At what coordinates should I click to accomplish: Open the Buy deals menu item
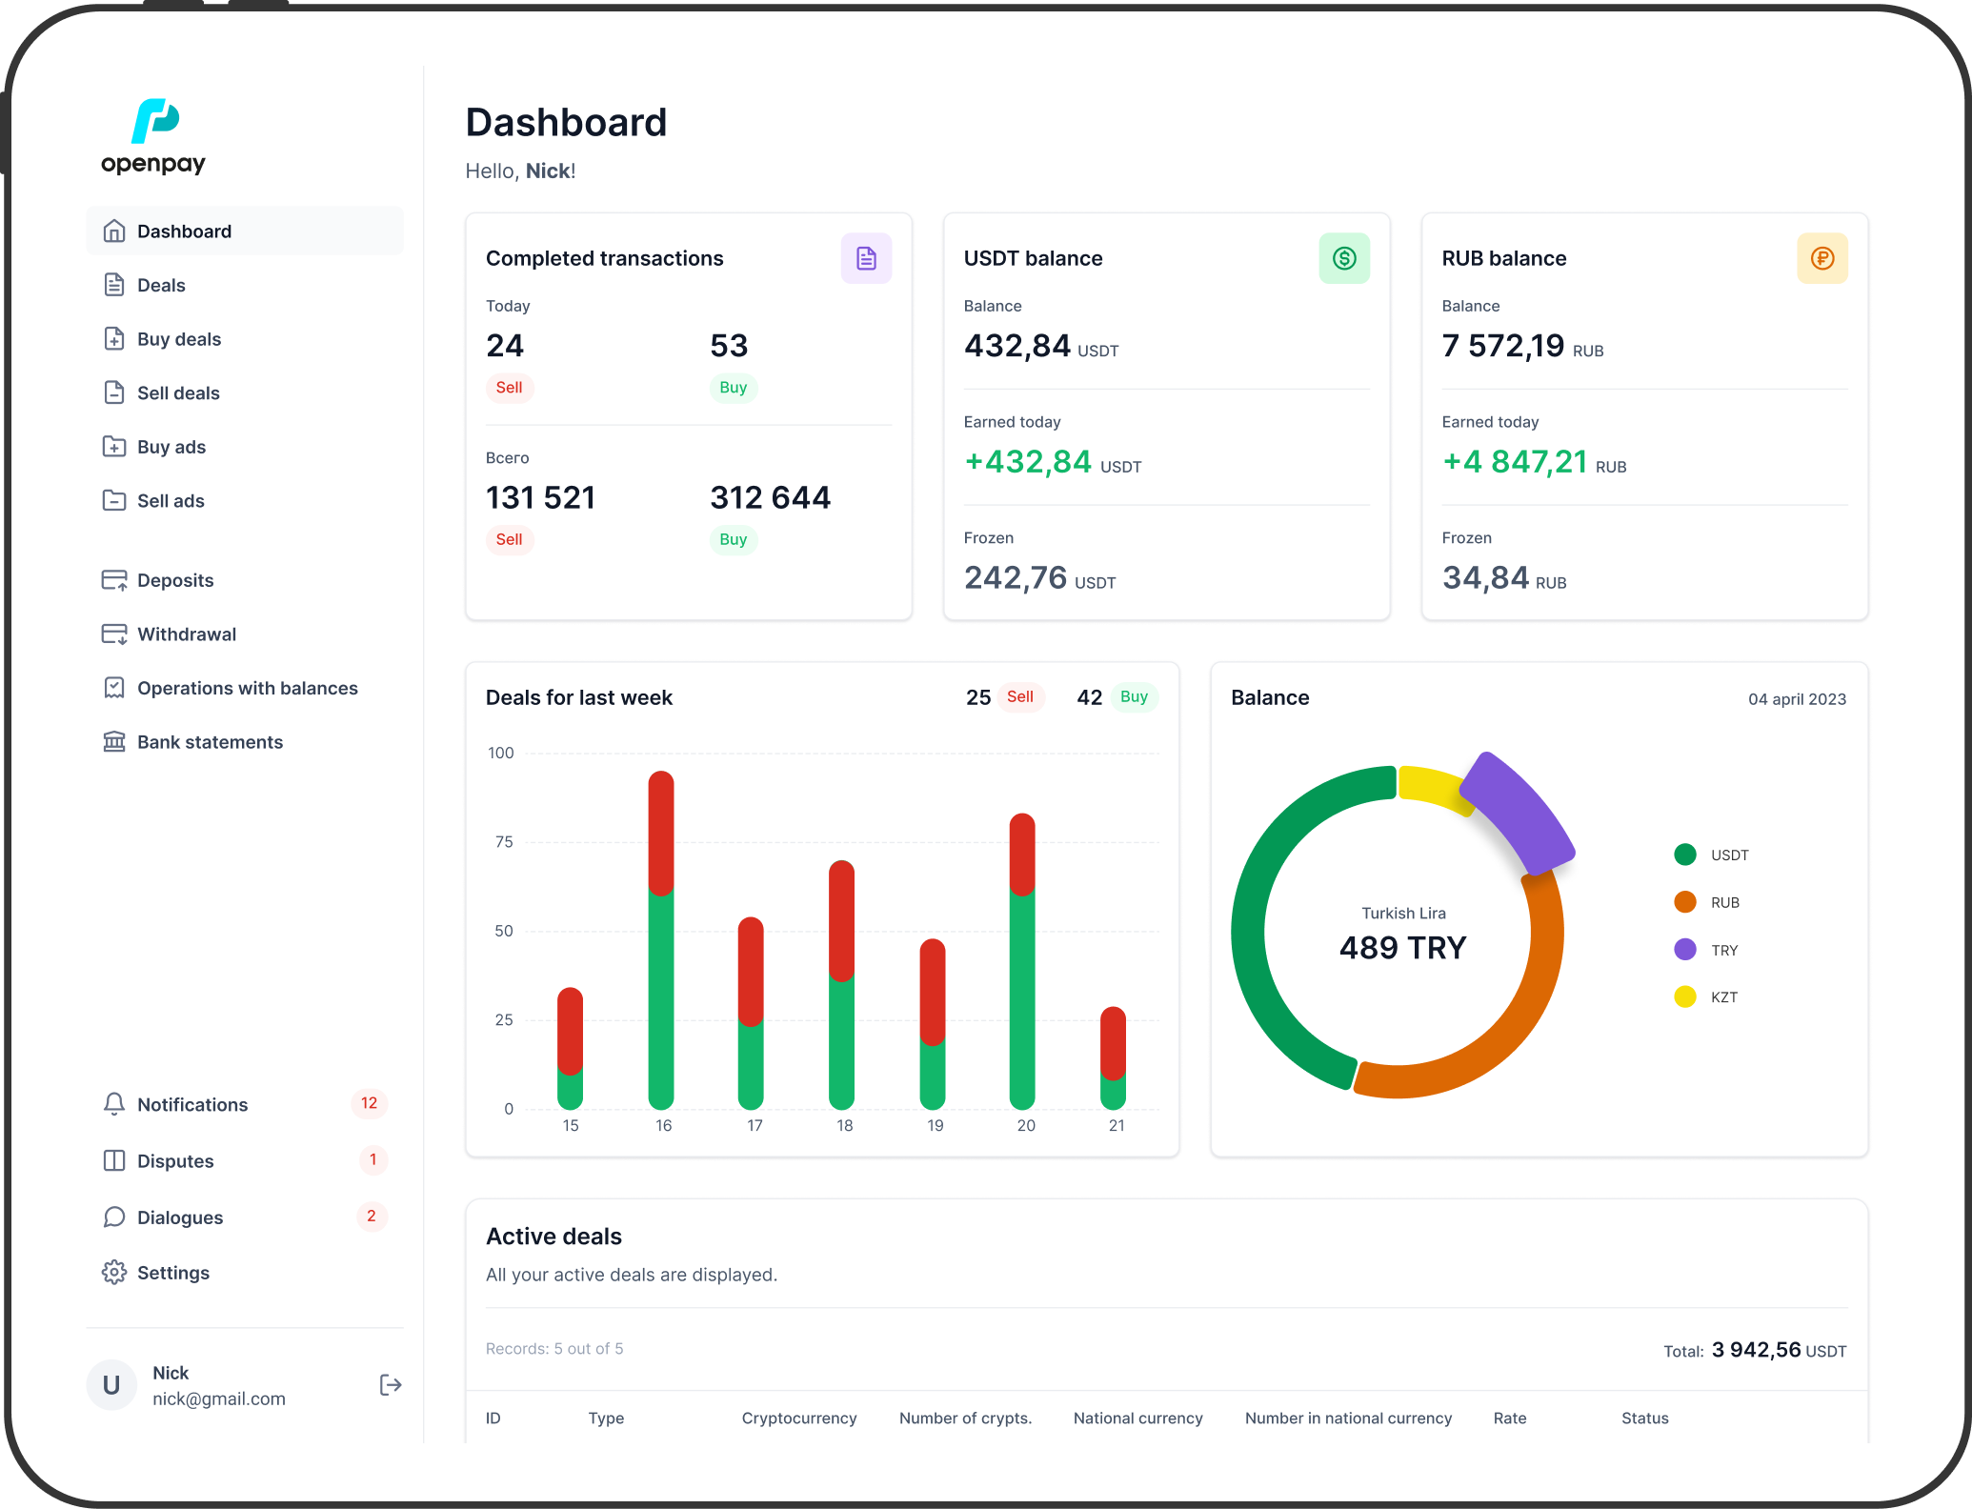[179, 339]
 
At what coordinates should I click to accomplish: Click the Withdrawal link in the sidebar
[187, 634]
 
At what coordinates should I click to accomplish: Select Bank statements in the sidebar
[210, 742]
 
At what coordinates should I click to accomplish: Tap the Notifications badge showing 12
[369, 1103]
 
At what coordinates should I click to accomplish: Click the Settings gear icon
[114, 1273]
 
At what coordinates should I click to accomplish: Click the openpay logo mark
[155, 121]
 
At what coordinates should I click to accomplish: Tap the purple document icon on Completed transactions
[866, 258]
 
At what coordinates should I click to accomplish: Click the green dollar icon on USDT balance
[1344, 258]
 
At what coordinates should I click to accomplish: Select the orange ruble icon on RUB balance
[1822, 258]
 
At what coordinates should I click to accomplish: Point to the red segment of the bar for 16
[661, 833]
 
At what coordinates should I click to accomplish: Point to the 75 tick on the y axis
[504, 842]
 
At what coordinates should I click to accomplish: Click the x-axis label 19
[936, 1126]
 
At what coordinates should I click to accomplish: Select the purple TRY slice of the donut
[1517, 811]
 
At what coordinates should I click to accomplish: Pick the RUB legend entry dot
[1685, 902]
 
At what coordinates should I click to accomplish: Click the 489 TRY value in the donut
[1403, 948]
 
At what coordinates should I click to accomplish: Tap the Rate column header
[1510, 1418]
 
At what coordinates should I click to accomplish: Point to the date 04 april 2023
[1797, 699]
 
